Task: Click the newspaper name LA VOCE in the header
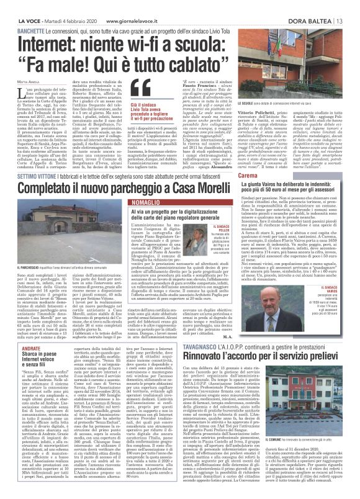20,5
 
